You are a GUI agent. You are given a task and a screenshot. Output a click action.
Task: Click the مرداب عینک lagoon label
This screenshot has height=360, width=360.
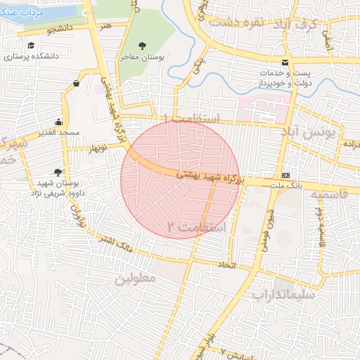click(21, 12)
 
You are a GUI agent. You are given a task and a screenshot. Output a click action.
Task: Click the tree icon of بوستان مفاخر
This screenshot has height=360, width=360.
click(143, 47)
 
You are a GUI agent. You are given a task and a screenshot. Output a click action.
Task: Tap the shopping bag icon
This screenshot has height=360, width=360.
click(75, 84)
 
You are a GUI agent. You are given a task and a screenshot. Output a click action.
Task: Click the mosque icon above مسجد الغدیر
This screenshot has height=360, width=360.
click(58, 121)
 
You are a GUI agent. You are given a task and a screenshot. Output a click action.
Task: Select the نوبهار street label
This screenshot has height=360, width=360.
click(97, 149)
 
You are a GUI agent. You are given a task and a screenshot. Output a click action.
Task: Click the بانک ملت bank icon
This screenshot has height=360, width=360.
click(285, 174)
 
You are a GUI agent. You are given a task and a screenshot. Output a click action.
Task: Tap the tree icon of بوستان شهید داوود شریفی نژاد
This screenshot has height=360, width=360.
click(57, 171)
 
